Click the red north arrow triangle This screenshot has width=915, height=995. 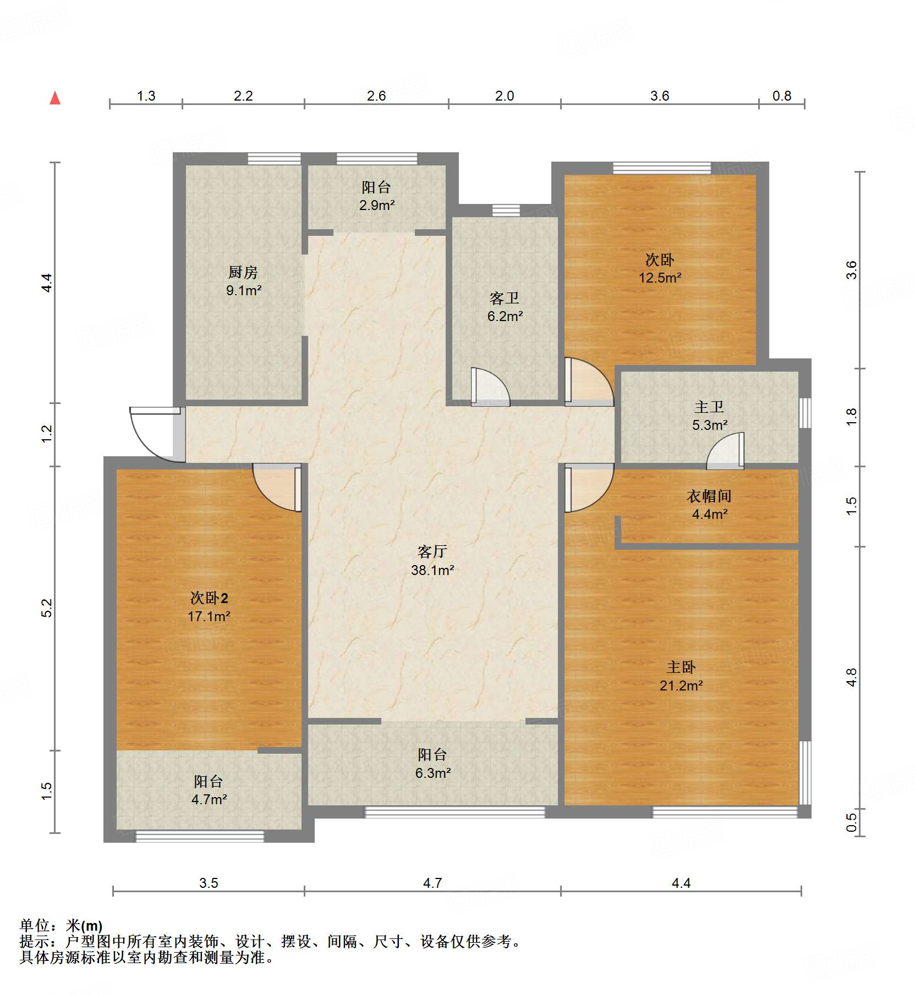[x=55, y=98]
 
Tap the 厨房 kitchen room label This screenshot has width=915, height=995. [x=243, y=272]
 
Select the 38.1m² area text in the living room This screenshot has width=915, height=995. [x=432, y=571]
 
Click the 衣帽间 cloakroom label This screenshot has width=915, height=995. [x=709, y=496]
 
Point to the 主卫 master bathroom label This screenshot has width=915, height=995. [x=709, y=407]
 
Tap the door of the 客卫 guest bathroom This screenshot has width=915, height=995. [x=489, y=387]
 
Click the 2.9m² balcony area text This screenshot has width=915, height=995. [x=377, y=206]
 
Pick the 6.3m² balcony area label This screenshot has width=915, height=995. [x=433, y=773]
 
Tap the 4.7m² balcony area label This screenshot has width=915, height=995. [x=209, y=800]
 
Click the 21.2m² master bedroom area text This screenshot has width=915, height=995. [x=681, y=686]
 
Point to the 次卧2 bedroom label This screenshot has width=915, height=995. [x=209, y=598]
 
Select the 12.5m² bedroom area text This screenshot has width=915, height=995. [x=660, y=278]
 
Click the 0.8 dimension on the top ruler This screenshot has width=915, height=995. [x=781, y=96]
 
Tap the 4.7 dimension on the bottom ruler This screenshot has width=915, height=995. [x=432, y=883]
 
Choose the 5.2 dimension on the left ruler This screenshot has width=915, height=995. [x=47, y=607]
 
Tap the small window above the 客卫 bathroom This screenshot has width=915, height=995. [x=506, y=210]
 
